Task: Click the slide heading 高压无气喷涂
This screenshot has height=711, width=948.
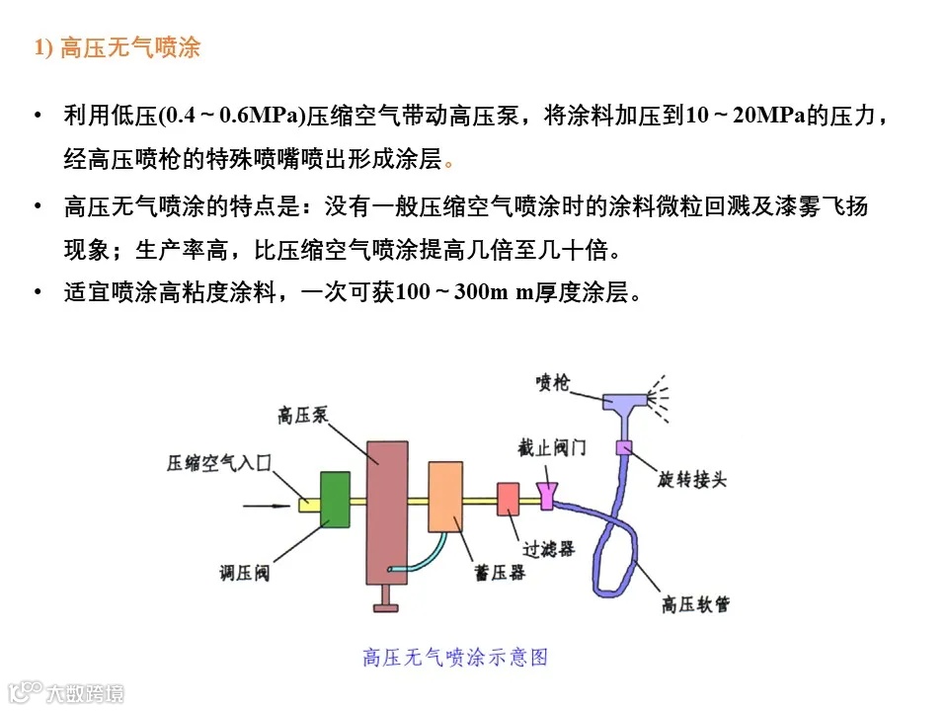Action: click(118, 48)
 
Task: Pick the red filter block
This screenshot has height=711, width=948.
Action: click(509, 498)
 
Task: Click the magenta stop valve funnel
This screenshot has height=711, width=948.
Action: click(547, 495)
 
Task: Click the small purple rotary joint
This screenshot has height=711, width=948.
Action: click(623, 447)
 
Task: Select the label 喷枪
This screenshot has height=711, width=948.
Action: click(552, 381)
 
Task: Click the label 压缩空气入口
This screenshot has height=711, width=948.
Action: click(217, 462)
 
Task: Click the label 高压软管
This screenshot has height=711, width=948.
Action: click(696, 604)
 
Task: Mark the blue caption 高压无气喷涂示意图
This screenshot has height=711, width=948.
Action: click(455, 657)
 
